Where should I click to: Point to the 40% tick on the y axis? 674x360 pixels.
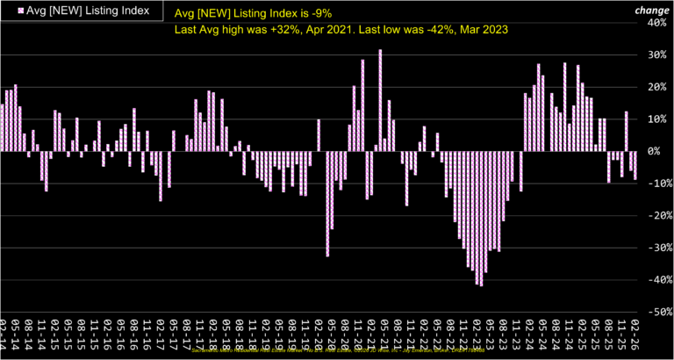pyautogui.click(x=656, y=23)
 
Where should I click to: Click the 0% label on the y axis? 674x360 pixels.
pyautogui.click(x=660, y=152)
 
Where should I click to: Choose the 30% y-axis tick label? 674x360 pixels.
pyautogui.click(x=656, y=54)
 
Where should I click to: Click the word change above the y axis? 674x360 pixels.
pyautogui.click(x=653, y=10)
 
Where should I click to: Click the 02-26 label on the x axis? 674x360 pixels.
pyautogui.click(x=635, y=338)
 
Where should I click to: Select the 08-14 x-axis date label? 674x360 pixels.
pyautogui.click(x=29, y=338)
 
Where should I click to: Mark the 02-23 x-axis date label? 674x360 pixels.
pyautogui.click(x=477, y=338)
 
